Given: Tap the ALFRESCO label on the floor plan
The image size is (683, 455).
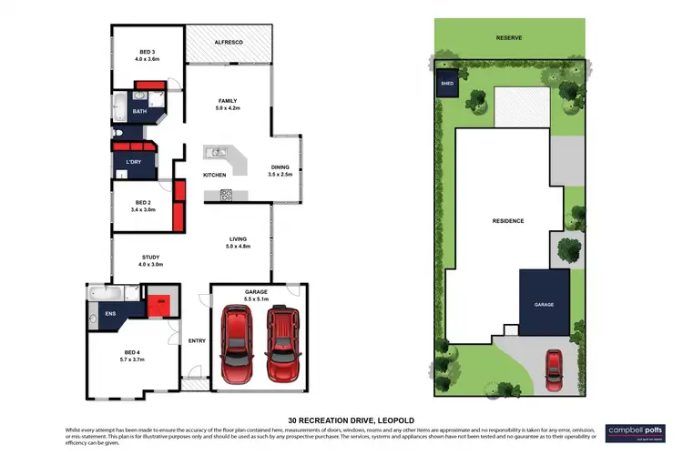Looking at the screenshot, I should coord(228,43).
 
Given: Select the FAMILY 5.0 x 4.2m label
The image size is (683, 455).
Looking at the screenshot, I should coord(227,105).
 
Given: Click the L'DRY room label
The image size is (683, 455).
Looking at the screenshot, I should coord(132,163).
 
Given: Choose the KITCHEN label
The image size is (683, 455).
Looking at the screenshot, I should coord(214,175).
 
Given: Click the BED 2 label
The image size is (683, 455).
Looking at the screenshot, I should coord(144,206).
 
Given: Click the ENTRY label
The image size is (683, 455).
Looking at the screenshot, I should coord(197,341).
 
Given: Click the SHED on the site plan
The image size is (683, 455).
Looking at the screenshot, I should coord(447,83).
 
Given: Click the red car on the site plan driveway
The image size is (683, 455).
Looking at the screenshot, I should coord(553,366).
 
